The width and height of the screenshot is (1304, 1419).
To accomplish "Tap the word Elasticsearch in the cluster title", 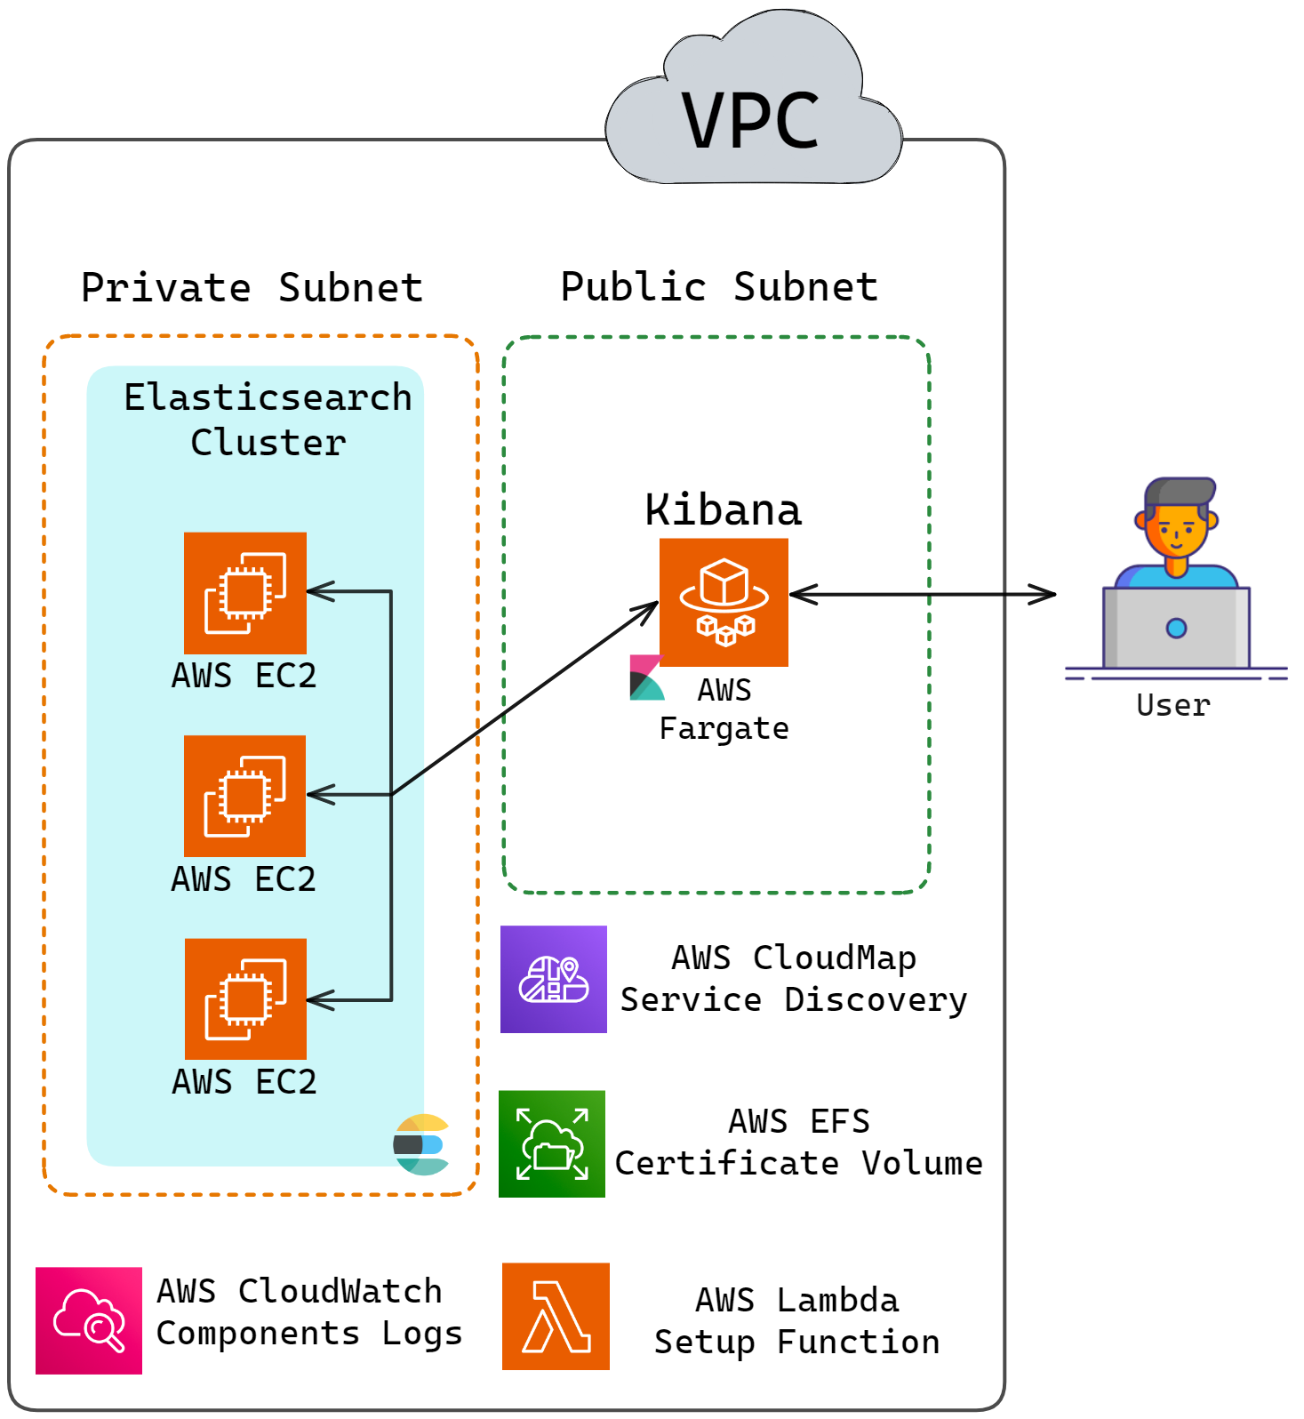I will pyautogui.click(x=268, y=397).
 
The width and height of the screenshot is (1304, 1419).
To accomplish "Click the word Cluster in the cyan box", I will pyautogui.click(x=268, y=443).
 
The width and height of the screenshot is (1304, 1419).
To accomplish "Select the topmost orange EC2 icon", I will pyautogui.click(x=245, y=592).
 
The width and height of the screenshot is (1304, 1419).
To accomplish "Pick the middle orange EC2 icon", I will pyautogui.click(x=244, y=796).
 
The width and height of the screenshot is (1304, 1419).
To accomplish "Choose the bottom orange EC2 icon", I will pyautogui.click(x=245, y=998).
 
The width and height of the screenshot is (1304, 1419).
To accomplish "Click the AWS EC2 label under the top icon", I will pyautogui.click(x=244, y=676).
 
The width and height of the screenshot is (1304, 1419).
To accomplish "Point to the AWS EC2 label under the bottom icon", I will pyautogui.click(x=244, y=1082).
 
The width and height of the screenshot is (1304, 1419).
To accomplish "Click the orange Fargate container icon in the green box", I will pyautogui.click(x=724, y=602).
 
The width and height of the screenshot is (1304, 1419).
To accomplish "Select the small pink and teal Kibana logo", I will pyautogui.click(x=646, y=679).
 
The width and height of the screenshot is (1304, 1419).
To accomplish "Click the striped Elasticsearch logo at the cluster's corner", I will pyautogui.click(x=422, y=1144).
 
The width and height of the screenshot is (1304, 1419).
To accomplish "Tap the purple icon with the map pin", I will pyautogui.click(x=554, y=979).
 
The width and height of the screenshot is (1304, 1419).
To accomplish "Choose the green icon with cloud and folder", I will pyautogui.click(x=552, y=1143).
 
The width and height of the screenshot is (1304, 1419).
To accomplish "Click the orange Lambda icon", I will pyautogui.click(x=556, y=1316).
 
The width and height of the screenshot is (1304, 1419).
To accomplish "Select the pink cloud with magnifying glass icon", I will pyautogui.click(x=89, y=1320).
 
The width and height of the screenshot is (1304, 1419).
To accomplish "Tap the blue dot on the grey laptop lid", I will pyautogui.click(x=1176, y=629).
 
